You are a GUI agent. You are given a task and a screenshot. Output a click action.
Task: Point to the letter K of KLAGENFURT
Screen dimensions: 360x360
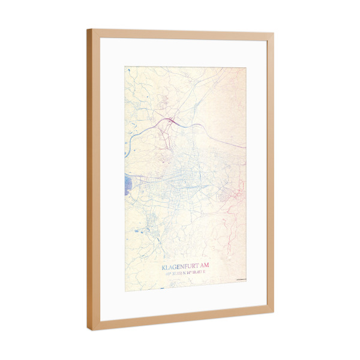coord(164,266)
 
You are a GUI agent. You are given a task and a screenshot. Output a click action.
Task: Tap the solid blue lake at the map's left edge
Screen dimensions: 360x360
coord(128,184)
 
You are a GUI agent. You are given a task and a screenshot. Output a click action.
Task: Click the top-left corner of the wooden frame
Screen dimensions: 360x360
coord(88,29)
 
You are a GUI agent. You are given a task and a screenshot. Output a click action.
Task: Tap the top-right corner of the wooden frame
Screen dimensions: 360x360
coord(273,34)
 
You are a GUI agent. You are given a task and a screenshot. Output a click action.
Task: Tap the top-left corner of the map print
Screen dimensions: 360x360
coord(125,65)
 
